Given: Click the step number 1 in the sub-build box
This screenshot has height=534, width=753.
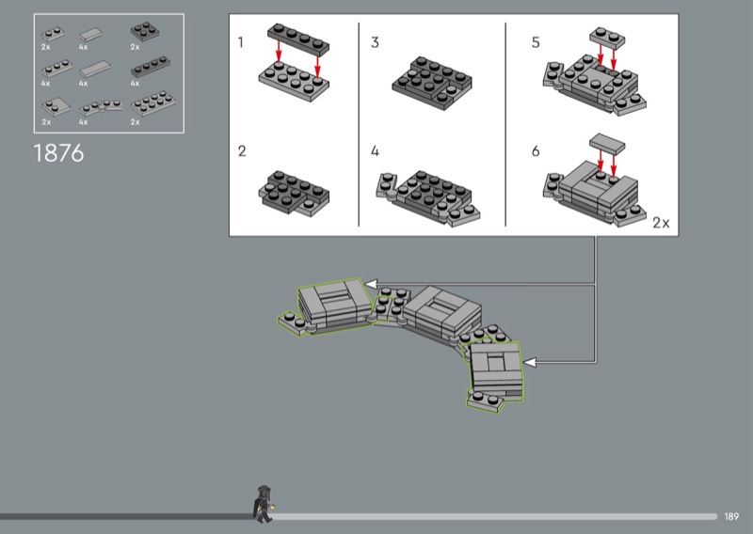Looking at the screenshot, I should (x=242, y=42).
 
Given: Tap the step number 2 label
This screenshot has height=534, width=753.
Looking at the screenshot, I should (x=242, y=150).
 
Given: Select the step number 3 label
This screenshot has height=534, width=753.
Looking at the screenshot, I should (x=376, y=42).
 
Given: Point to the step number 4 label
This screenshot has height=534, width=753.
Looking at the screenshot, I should (x=376, y=150).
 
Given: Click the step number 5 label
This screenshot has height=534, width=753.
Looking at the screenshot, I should (x=537, y=42).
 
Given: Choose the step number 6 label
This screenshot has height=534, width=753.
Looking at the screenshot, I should (x=537, y=150).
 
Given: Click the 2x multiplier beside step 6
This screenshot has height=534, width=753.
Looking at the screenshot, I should (x=660, y=223).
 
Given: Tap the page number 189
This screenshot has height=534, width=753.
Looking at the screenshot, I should (x=732, y=516).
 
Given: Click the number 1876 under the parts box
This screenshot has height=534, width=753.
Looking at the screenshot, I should (x=58, y=153).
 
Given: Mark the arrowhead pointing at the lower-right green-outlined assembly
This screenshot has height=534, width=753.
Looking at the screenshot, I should (x=529, y=362).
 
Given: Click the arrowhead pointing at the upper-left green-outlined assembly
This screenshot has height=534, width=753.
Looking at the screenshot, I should (x=371, y=283).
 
